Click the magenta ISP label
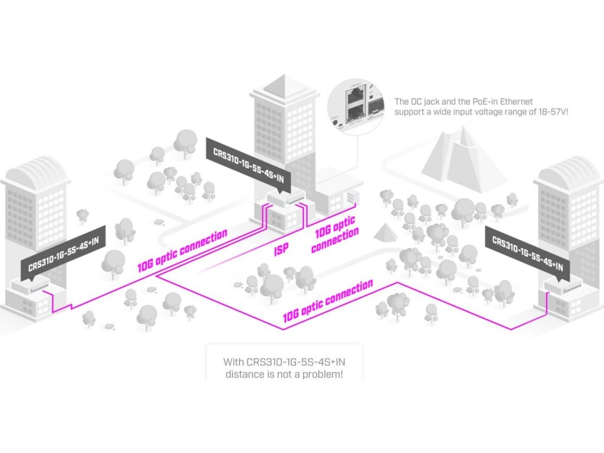point(282,250)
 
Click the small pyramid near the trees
point(385,232)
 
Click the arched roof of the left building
point(36,170)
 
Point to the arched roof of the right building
point(569,170)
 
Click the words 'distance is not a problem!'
point(284,374)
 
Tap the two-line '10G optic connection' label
point(336,235)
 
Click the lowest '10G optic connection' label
point(328,301)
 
